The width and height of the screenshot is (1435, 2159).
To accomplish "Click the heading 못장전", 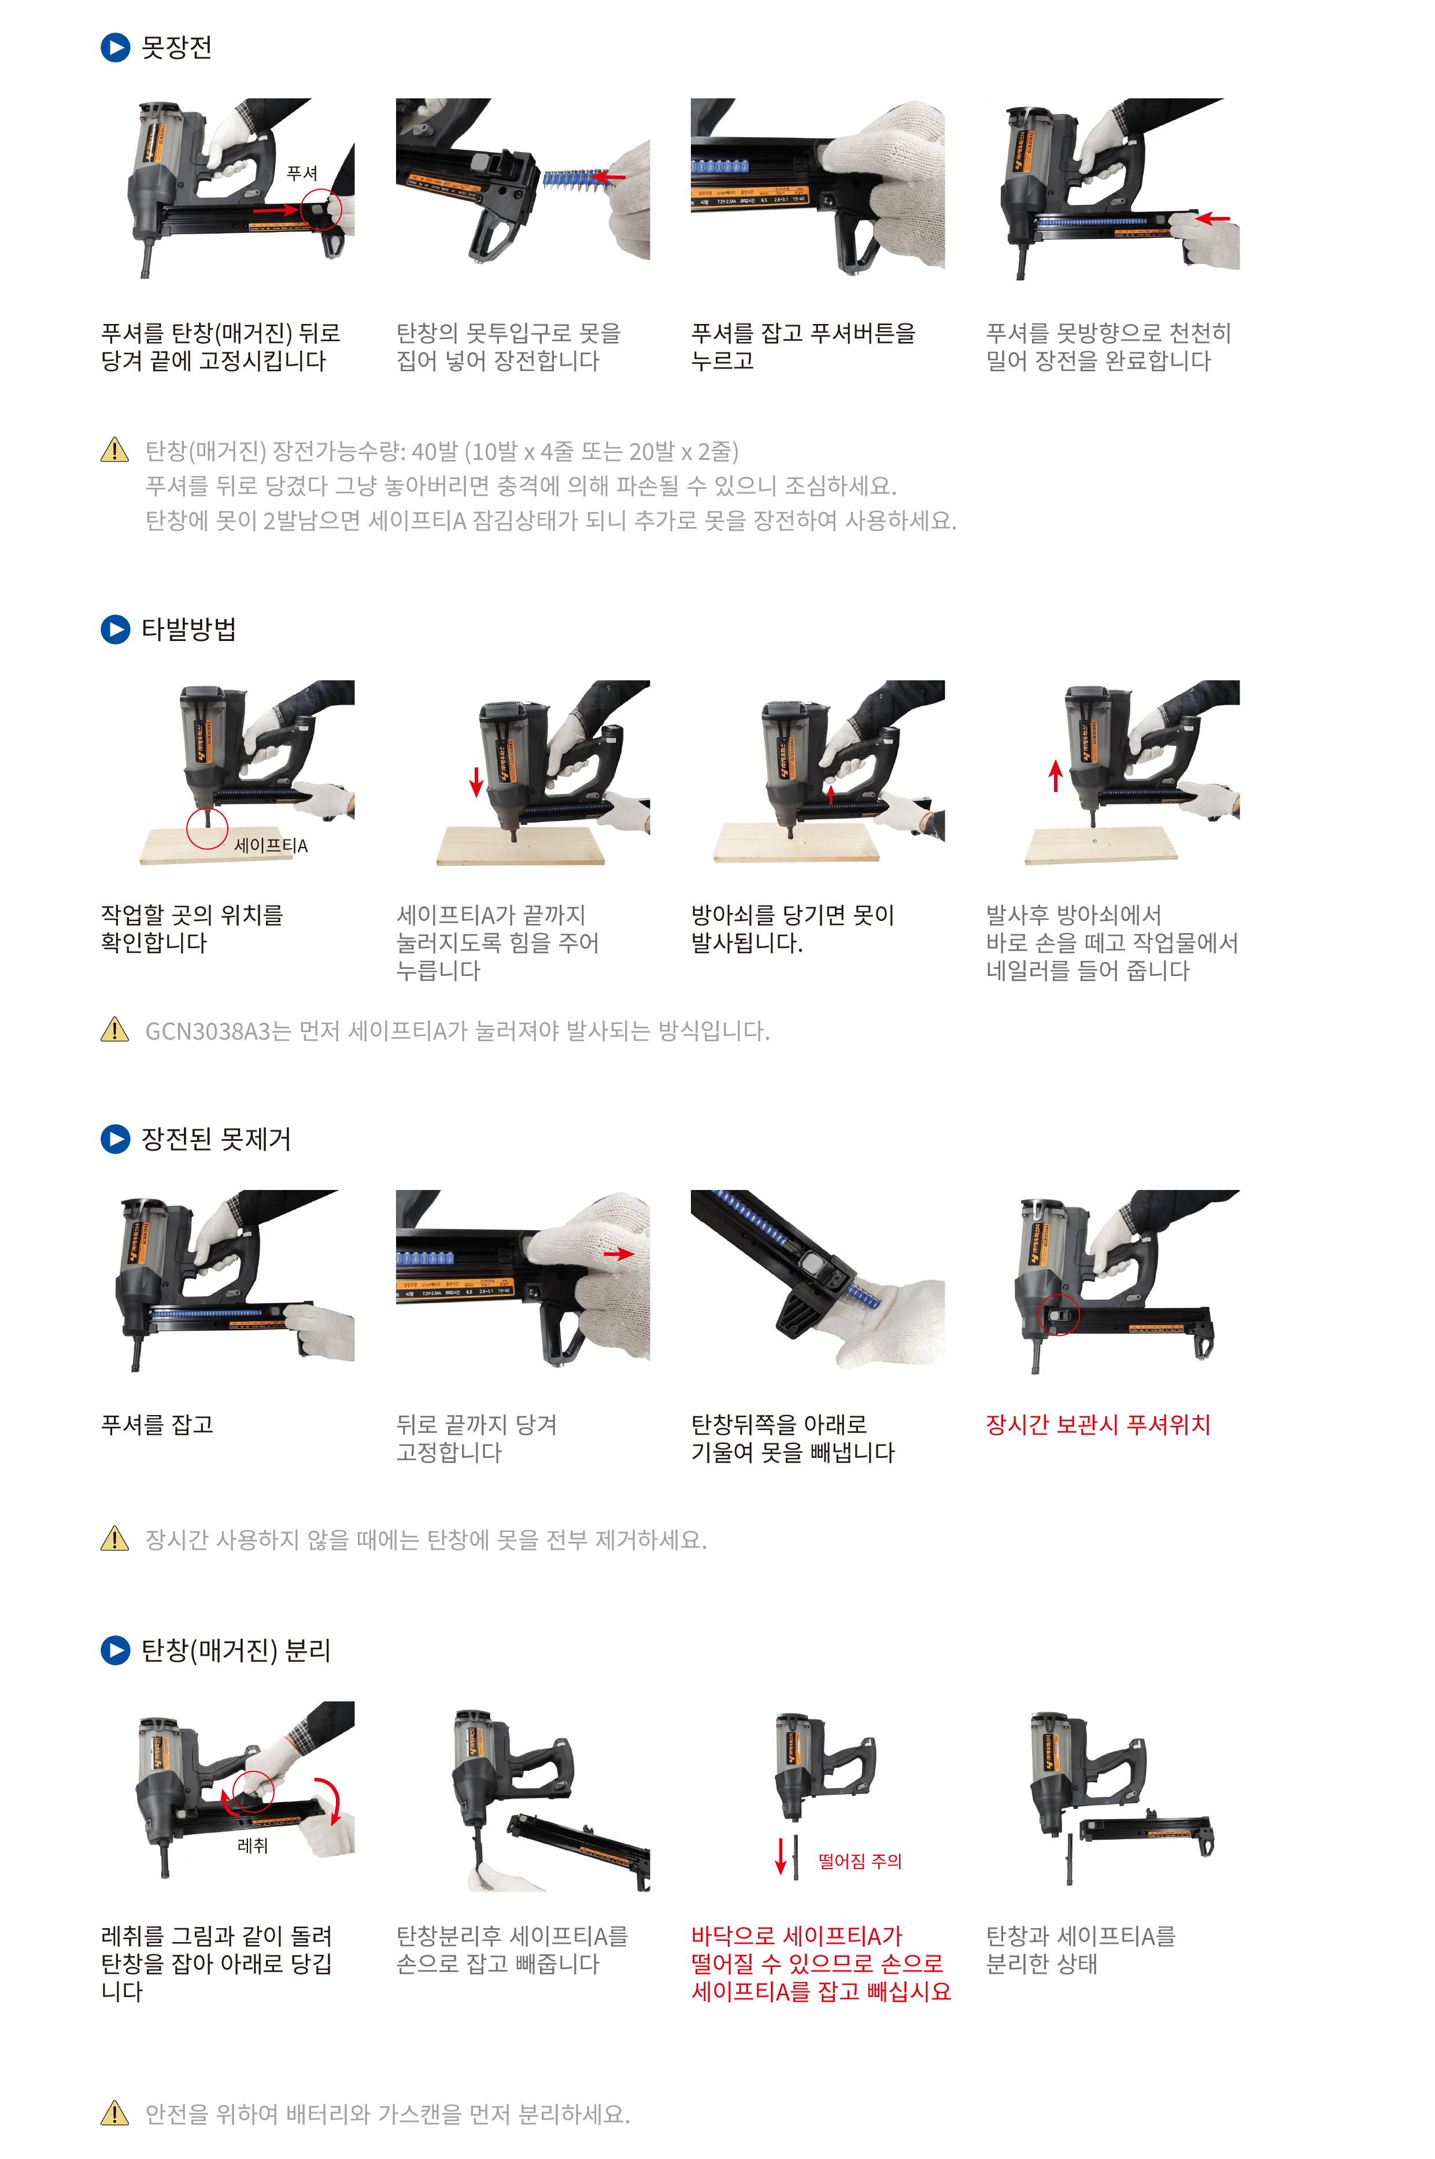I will (x=177, y=47).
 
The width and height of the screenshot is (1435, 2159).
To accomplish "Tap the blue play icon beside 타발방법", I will (x=115, y=629).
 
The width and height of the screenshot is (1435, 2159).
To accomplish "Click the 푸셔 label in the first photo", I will (x=302, y=173).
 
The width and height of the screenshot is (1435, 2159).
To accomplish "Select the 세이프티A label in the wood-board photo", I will (x=271, y=846).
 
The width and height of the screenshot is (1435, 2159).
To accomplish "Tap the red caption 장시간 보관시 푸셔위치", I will (x=1097, y=1425).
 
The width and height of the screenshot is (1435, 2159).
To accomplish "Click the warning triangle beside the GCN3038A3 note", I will (x=114, y=1030).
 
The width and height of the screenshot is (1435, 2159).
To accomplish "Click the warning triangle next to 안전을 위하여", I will (x=114, y=2113).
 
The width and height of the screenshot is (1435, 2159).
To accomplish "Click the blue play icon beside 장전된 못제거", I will (x=115, y=1139).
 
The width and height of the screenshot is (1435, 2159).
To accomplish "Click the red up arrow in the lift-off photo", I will (x=1055, y=776).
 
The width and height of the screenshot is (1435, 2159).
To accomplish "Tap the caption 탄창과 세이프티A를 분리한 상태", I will (x=1080, y=1950).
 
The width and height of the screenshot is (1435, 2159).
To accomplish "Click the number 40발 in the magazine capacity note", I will (x=434, y=451).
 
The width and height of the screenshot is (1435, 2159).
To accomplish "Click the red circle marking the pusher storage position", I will (x=1059, y=1316).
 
